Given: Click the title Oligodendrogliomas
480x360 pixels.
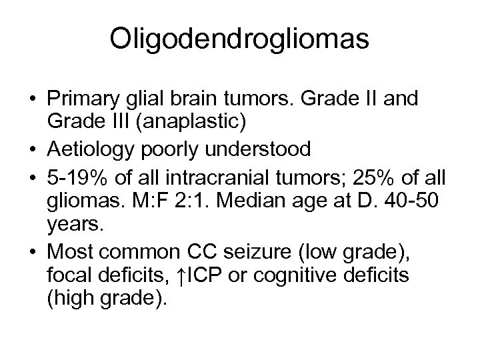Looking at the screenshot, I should (x=240, y=39).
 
